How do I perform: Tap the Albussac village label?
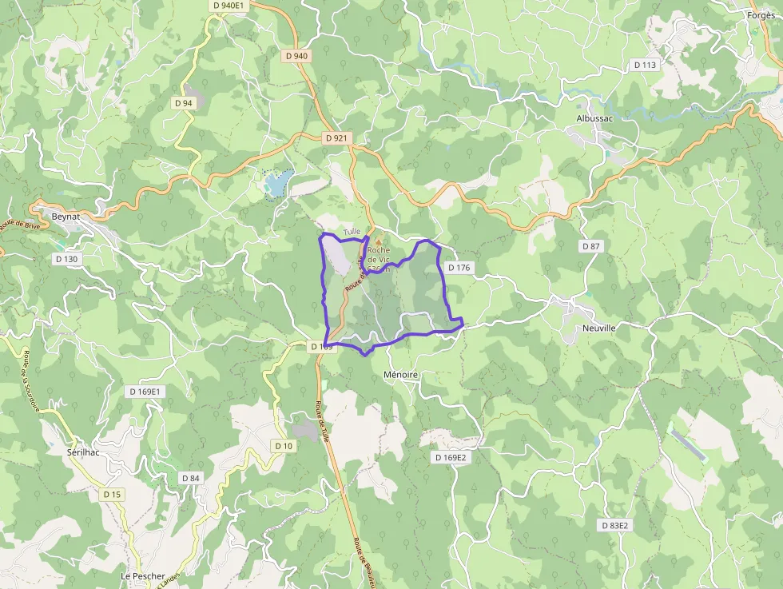point(596,118)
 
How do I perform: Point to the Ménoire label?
point(400,374)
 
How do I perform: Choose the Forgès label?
point(761,15)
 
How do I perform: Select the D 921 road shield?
point(337,138)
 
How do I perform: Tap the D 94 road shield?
point(183,103)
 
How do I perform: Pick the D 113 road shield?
point(644,65)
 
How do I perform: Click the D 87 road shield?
point(590,246)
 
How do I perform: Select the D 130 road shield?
point(67,259)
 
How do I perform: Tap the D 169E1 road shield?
point(145,392)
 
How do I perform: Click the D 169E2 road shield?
point(450,458)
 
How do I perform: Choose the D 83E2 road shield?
point(615,525)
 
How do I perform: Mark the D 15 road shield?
point(112,495)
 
